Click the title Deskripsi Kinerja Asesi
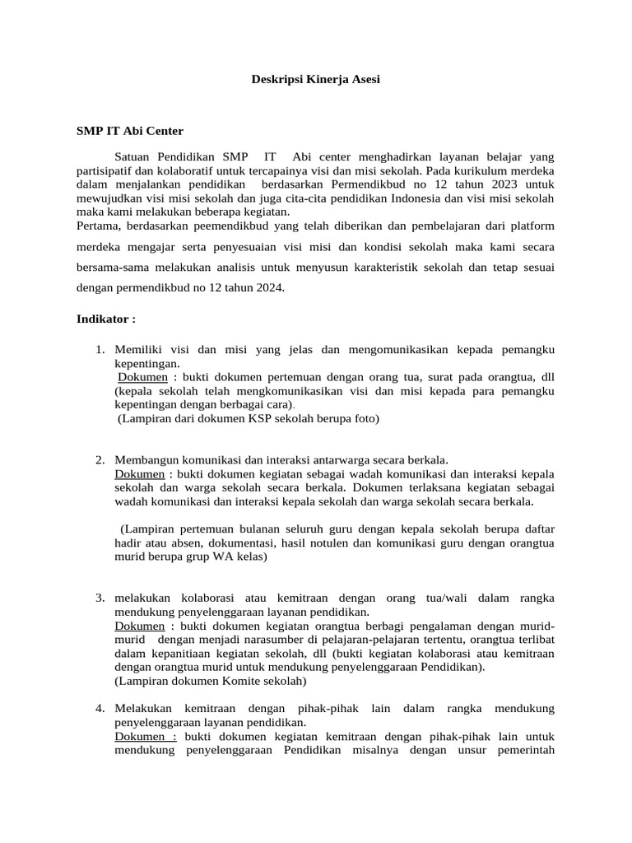coord(315,80)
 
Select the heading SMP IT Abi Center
coord(129,130)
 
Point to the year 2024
coord(265,287)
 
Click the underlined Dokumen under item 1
coord(144,376)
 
